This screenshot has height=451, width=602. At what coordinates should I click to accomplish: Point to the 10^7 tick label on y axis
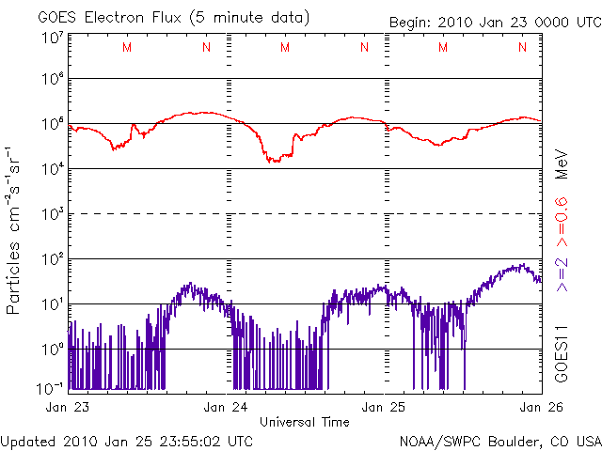click(52, 38)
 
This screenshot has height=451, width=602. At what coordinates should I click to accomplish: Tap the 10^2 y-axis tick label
click(52, 258)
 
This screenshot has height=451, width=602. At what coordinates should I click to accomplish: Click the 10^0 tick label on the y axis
click(52, 349)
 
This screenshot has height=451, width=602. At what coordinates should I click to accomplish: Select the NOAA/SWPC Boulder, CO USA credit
click(499, 440)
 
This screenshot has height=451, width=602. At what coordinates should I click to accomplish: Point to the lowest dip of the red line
click(274, 162)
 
